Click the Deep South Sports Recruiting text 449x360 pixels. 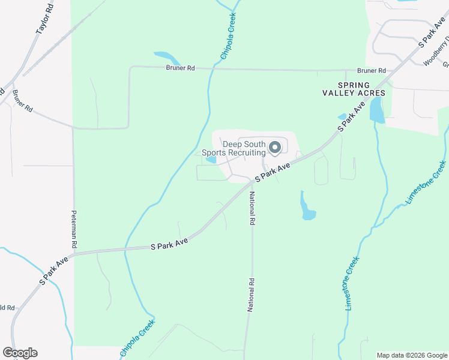pyautogui.click(x=234, y=148)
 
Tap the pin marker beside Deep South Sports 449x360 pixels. pyautogui.click(x=276, y=147)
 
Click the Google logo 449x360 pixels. pyautogui.click(x=20, y=353)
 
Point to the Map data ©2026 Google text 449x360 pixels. pyautogui.click(x=411, y=355)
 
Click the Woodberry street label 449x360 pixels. pyautogui.click(x=435, y=53)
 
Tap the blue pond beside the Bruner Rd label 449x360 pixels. pyautogui.click(x=168, y=58)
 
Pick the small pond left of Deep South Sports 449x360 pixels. pyautogui.click(x=211, y=160)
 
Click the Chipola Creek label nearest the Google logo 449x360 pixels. pyautogui.click(x=137, y=337)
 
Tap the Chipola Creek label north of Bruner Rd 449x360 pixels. pyautogui.click(x=228, y=38)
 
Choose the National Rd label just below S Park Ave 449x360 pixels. pyautogui.click(x=253, y=208)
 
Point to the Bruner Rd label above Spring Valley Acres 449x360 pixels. pyautogui.click(x=371, y=71)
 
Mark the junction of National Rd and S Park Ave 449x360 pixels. pyautogui.click(x=250, y=184)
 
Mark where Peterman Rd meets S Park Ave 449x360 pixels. pyautogui.click(x=74, y=254)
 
